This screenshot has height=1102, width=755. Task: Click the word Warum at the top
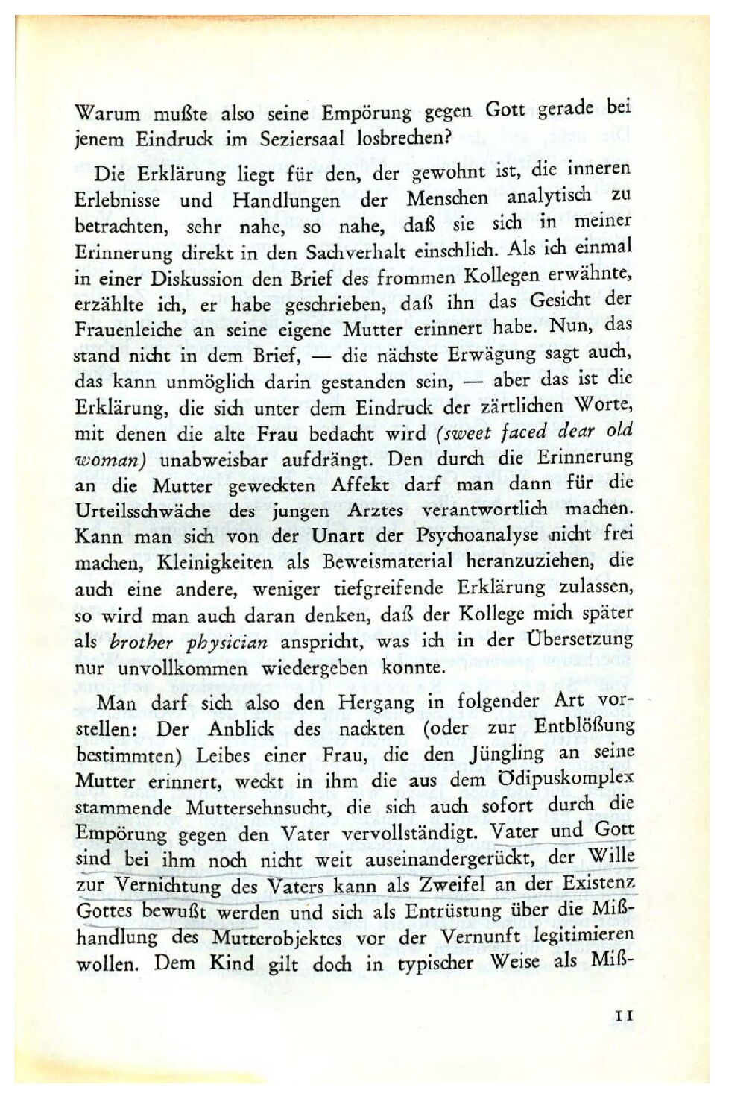107,116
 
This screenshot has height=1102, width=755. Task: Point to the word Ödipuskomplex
568,779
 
